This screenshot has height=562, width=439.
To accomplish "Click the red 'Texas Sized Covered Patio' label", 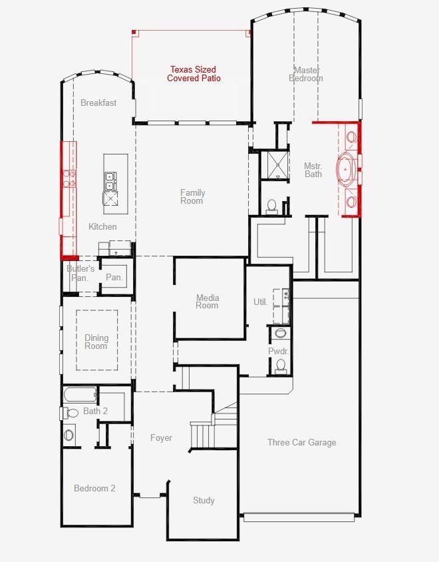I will [193, 74].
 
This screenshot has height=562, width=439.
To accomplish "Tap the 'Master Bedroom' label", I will [306, 74].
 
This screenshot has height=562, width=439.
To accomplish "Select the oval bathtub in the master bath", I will [348, 169].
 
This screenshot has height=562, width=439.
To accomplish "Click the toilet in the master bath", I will [271, 206].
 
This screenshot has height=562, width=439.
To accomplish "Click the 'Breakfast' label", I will [98, 103].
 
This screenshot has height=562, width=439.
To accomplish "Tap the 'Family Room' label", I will [192, 196].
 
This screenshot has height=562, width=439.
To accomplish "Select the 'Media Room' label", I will [207, 302].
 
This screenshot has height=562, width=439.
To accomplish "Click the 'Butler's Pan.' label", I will [80, 273].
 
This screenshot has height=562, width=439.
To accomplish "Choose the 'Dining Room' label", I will [96, 342].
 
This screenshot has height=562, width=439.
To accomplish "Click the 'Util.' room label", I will [260, 302].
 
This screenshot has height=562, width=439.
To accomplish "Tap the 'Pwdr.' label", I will [278, 351].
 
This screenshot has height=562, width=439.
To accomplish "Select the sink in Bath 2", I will [70, 435].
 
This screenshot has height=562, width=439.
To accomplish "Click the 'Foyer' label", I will [161, 437].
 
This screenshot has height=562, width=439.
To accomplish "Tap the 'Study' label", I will [204, 500].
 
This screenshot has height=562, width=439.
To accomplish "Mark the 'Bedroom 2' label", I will [94, 488].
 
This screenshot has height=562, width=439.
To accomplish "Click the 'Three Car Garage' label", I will [301, 442].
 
